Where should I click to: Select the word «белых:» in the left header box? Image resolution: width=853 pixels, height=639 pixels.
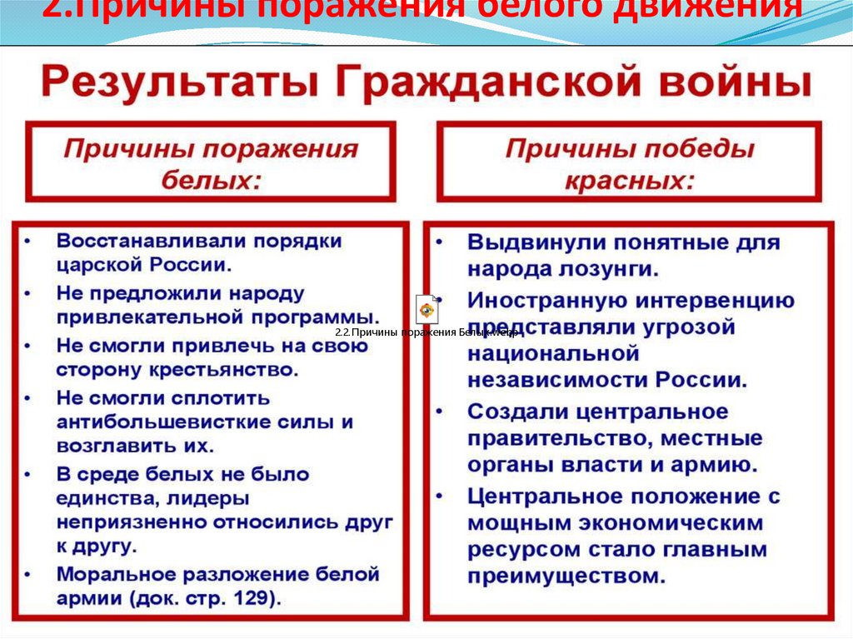[x=211, y=180]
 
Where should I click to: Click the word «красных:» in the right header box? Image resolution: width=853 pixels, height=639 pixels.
[x=630, y=180]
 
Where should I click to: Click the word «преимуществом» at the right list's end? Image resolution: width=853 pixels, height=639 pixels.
[x=566, y=576]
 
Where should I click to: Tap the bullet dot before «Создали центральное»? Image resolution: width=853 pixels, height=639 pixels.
[x=441, y=412]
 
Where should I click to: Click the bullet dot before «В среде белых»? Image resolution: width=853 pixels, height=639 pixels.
[x=28, y=474]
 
